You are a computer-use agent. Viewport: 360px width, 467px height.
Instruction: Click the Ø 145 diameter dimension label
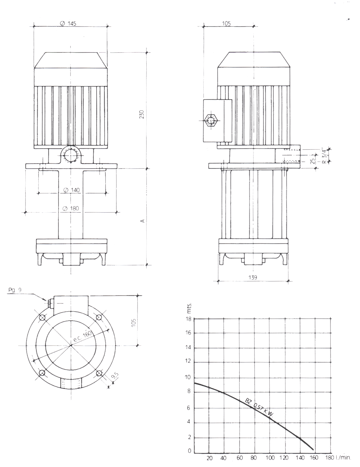68,23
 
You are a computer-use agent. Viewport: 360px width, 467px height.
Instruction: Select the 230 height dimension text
142,114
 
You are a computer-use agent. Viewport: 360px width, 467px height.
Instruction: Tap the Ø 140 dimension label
72,190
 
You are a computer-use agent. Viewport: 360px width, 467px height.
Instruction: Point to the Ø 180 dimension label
71,208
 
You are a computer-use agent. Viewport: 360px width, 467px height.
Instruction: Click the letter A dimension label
142,221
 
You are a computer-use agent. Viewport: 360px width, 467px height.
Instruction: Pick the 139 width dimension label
253,277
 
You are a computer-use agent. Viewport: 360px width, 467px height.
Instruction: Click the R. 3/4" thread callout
325,155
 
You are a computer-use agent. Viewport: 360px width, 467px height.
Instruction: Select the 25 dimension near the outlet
313,161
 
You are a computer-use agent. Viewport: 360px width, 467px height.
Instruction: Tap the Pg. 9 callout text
15,290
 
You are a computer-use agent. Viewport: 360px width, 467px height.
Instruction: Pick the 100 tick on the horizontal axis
270,458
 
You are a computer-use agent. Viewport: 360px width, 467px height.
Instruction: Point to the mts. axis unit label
189,308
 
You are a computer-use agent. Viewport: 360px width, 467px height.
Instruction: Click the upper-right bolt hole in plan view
99,317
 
